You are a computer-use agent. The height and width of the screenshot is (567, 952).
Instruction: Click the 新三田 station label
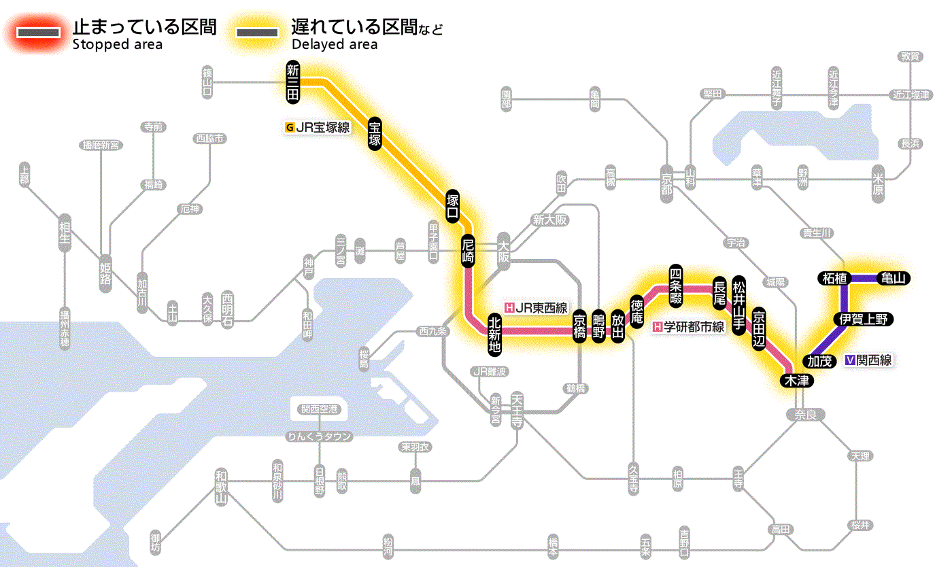pyautogui.click(x=293, y=84)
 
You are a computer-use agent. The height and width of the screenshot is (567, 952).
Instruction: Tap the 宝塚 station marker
pyautogui.click(x=375, y=133)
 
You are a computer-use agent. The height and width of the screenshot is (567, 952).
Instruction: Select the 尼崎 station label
pyautogui.click(x=468, y=251)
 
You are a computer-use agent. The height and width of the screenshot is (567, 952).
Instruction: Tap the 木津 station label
pyautogui.click(x=795, y=381)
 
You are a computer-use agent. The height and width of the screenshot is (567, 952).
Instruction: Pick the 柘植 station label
pyautogui.click(x=834, y=278)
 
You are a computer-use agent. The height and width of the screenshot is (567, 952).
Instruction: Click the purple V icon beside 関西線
pyautogui.click(x=850, y=361)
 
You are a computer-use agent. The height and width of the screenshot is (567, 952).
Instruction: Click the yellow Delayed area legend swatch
pyautogui.click(x=256, y=33)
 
